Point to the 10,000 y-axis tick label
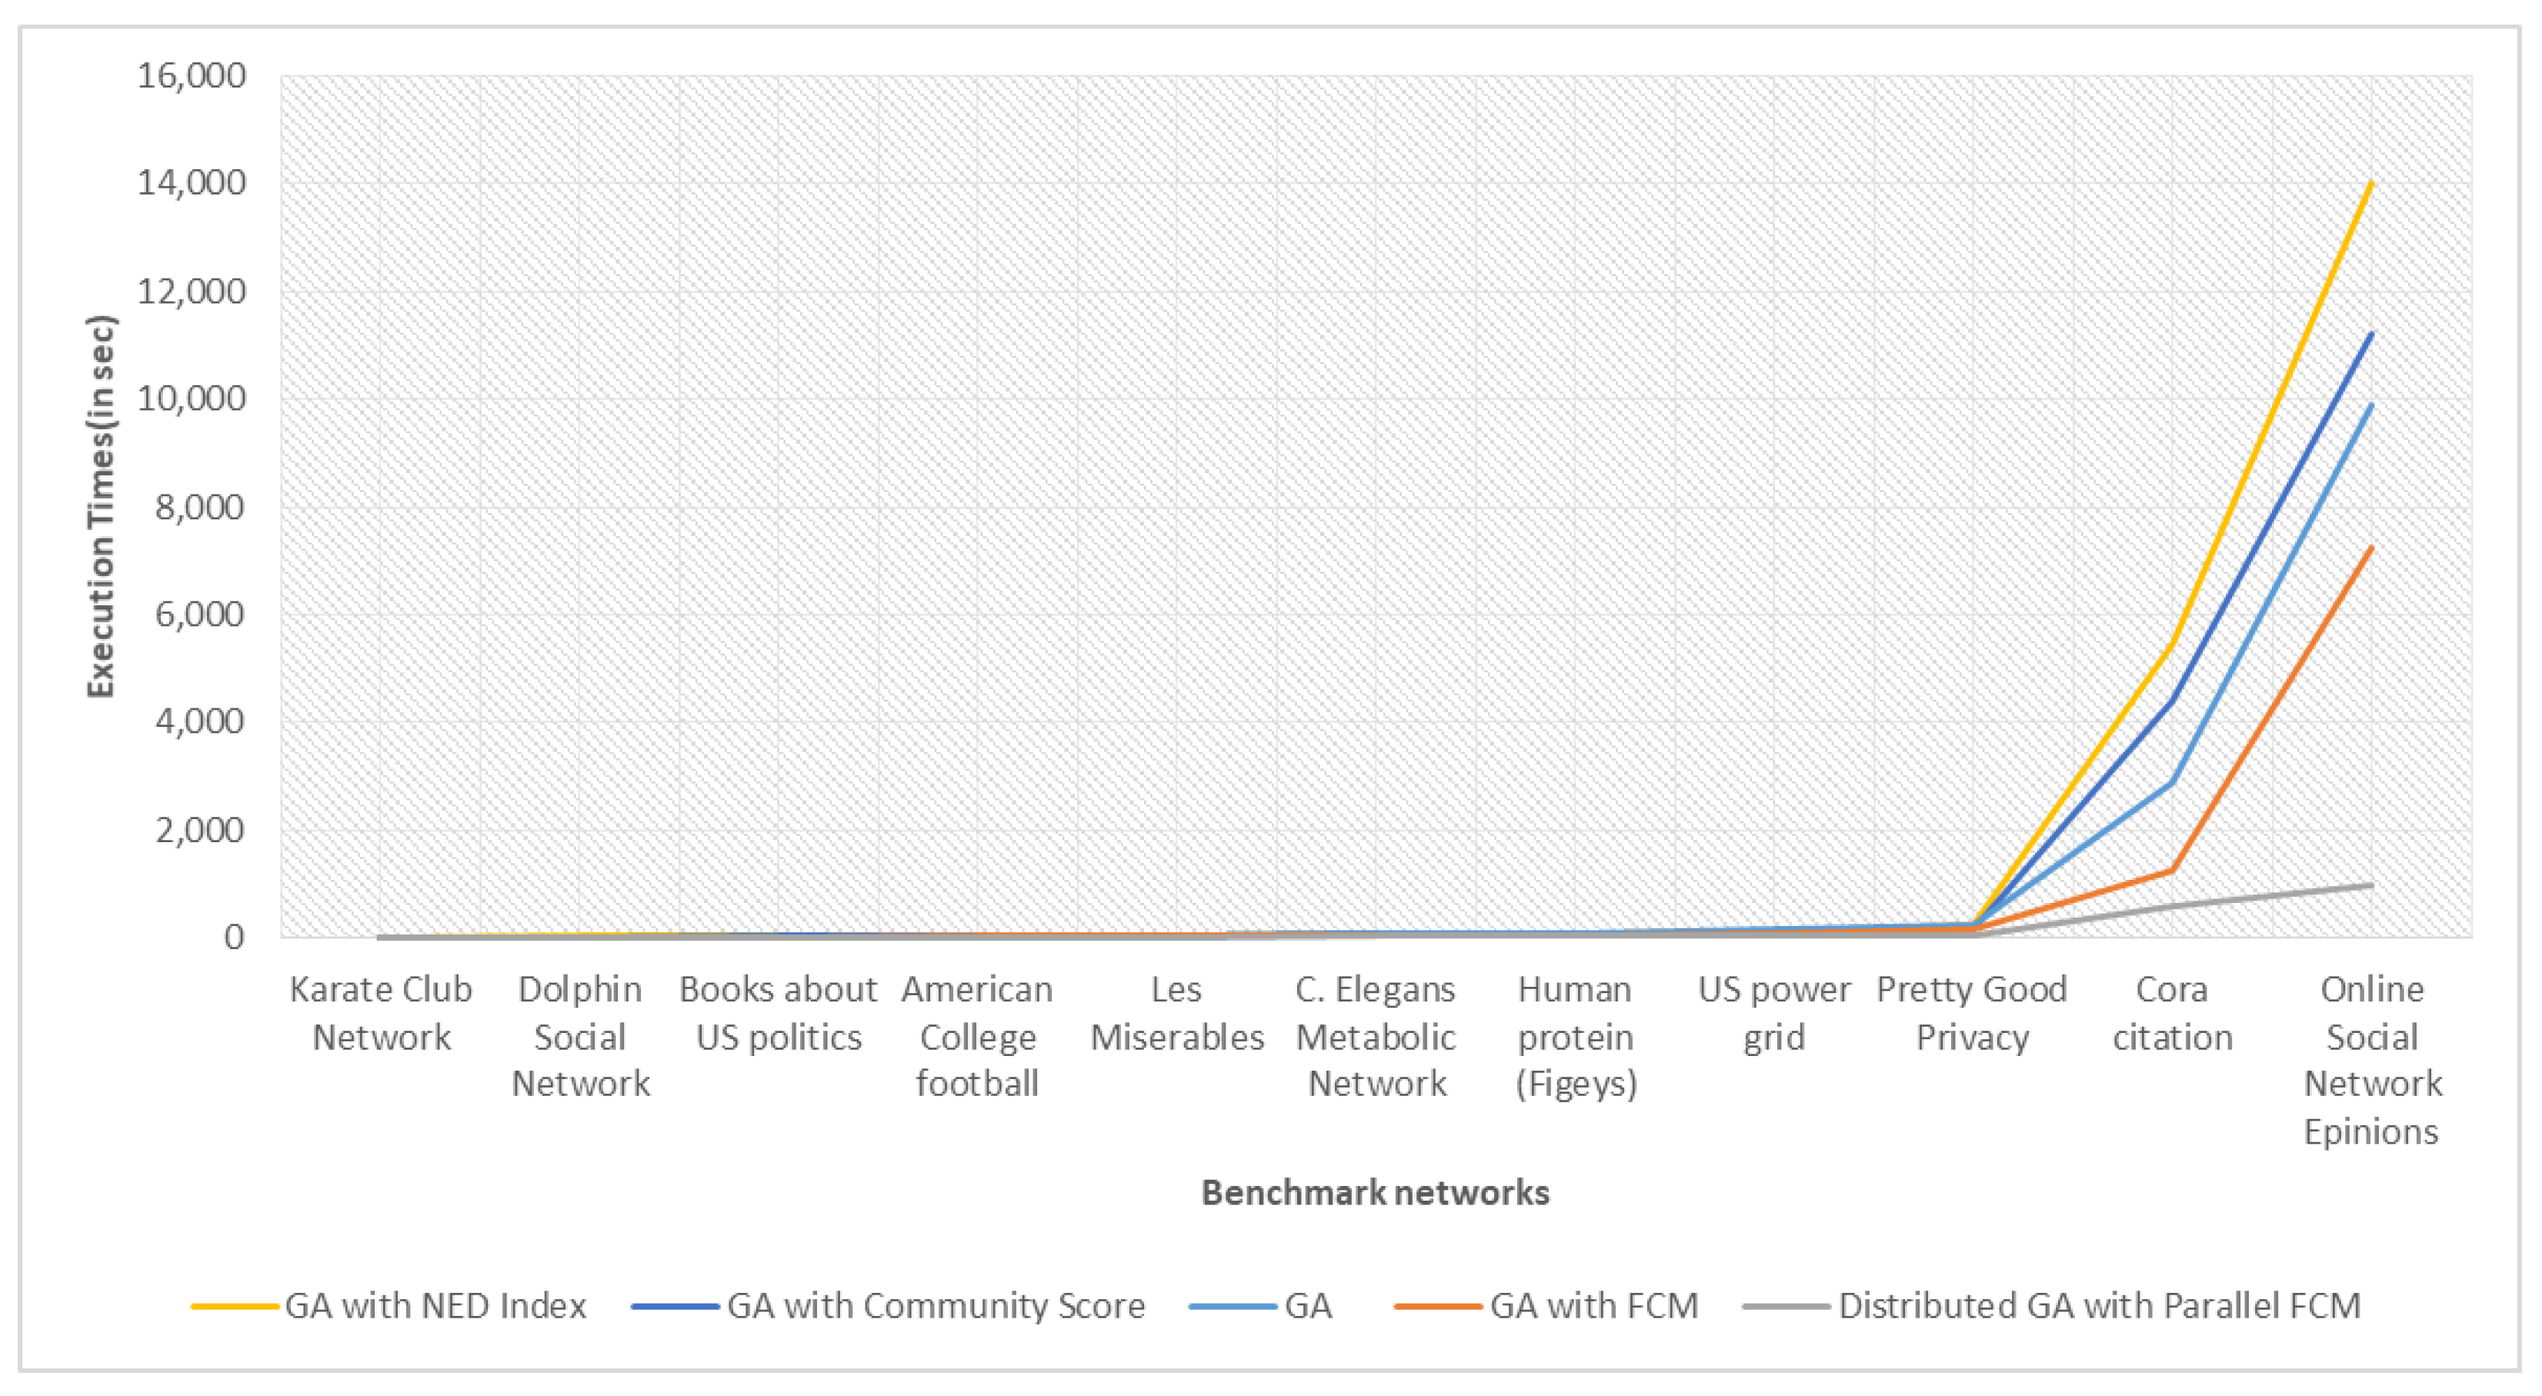(192, 398)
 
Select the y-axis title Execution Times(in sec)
(102, 506)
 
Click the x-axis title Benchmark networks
(1375, 1193)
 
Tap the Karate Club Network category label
(381, 1013)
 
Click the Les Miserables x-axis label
(1176, 1013)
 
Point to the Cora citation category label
(2172, 1013)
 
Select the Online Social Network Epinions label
(2371, 1061)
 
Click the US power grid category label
(1773, 1013)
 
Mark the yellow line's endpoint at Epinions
(2371, 182)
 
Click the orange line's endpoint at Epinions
(2371, 548)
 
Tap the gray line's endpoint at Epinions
(2371, 885)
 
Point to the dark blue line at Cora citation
(2172, 701)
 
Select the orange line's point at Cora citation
(2172, 870)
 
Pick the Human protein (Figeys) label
(1575, 1037)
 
